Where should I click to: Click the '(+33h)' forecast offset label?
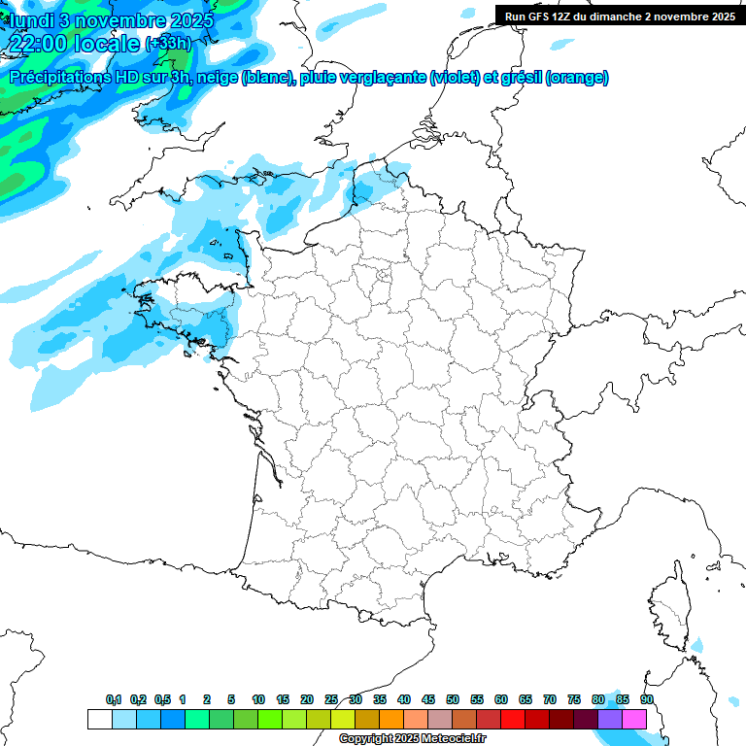[168, 44]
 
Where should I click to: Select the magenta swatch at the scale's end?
[634, 719]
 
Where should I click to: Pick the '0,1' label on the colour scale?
[114, 699]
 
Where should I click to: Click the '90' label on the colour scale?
[647, 699]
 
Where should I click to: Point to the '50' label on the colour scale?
[453, 699]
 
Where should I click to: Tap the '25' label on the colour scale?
[331, 699]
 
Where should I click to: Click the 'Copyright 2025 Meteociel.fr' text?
[412, 739]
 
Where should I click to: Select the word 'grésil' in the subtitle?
[520, 78]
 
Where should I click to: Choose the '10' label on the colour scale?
[258, 699]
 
